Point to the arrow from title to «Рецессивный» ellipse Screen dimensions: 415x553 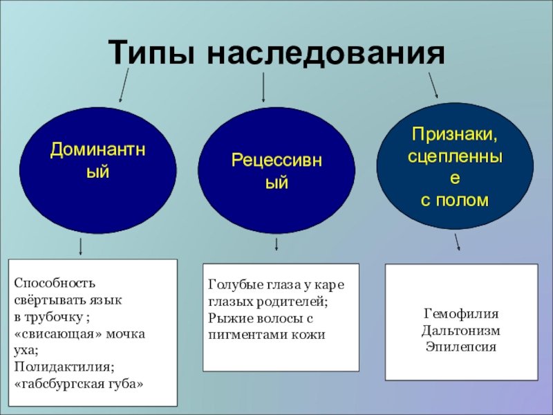[263, 86]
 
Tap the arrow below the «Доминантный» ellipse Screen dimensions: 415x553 [82, 246]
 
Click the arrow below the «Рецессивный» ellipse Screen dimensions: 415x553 [276, 244]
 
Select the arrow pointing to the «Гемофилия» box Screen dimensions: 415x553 [457, 242]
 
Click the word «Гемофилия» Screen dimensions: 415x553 [460, 315]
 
